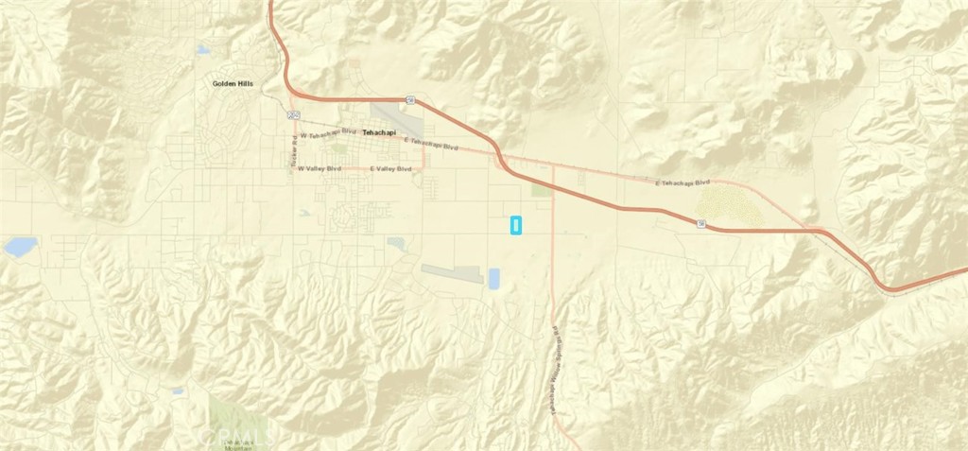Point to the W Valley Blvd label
[318, 169]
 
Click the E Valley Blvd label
[390, 168]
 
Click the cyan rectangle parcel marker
[516, 226]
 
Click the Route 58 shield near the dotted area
[701, 224]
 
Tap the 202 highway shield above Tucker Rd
[292, 113]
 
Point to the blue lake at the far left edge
[21, 248]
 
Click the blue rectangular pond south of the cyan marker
[494, 279]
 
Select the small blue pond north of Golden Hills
[203, 50]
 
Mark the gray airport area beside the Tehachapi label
[389, 115]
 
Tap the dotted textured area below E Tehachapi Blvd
[731, 204]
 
